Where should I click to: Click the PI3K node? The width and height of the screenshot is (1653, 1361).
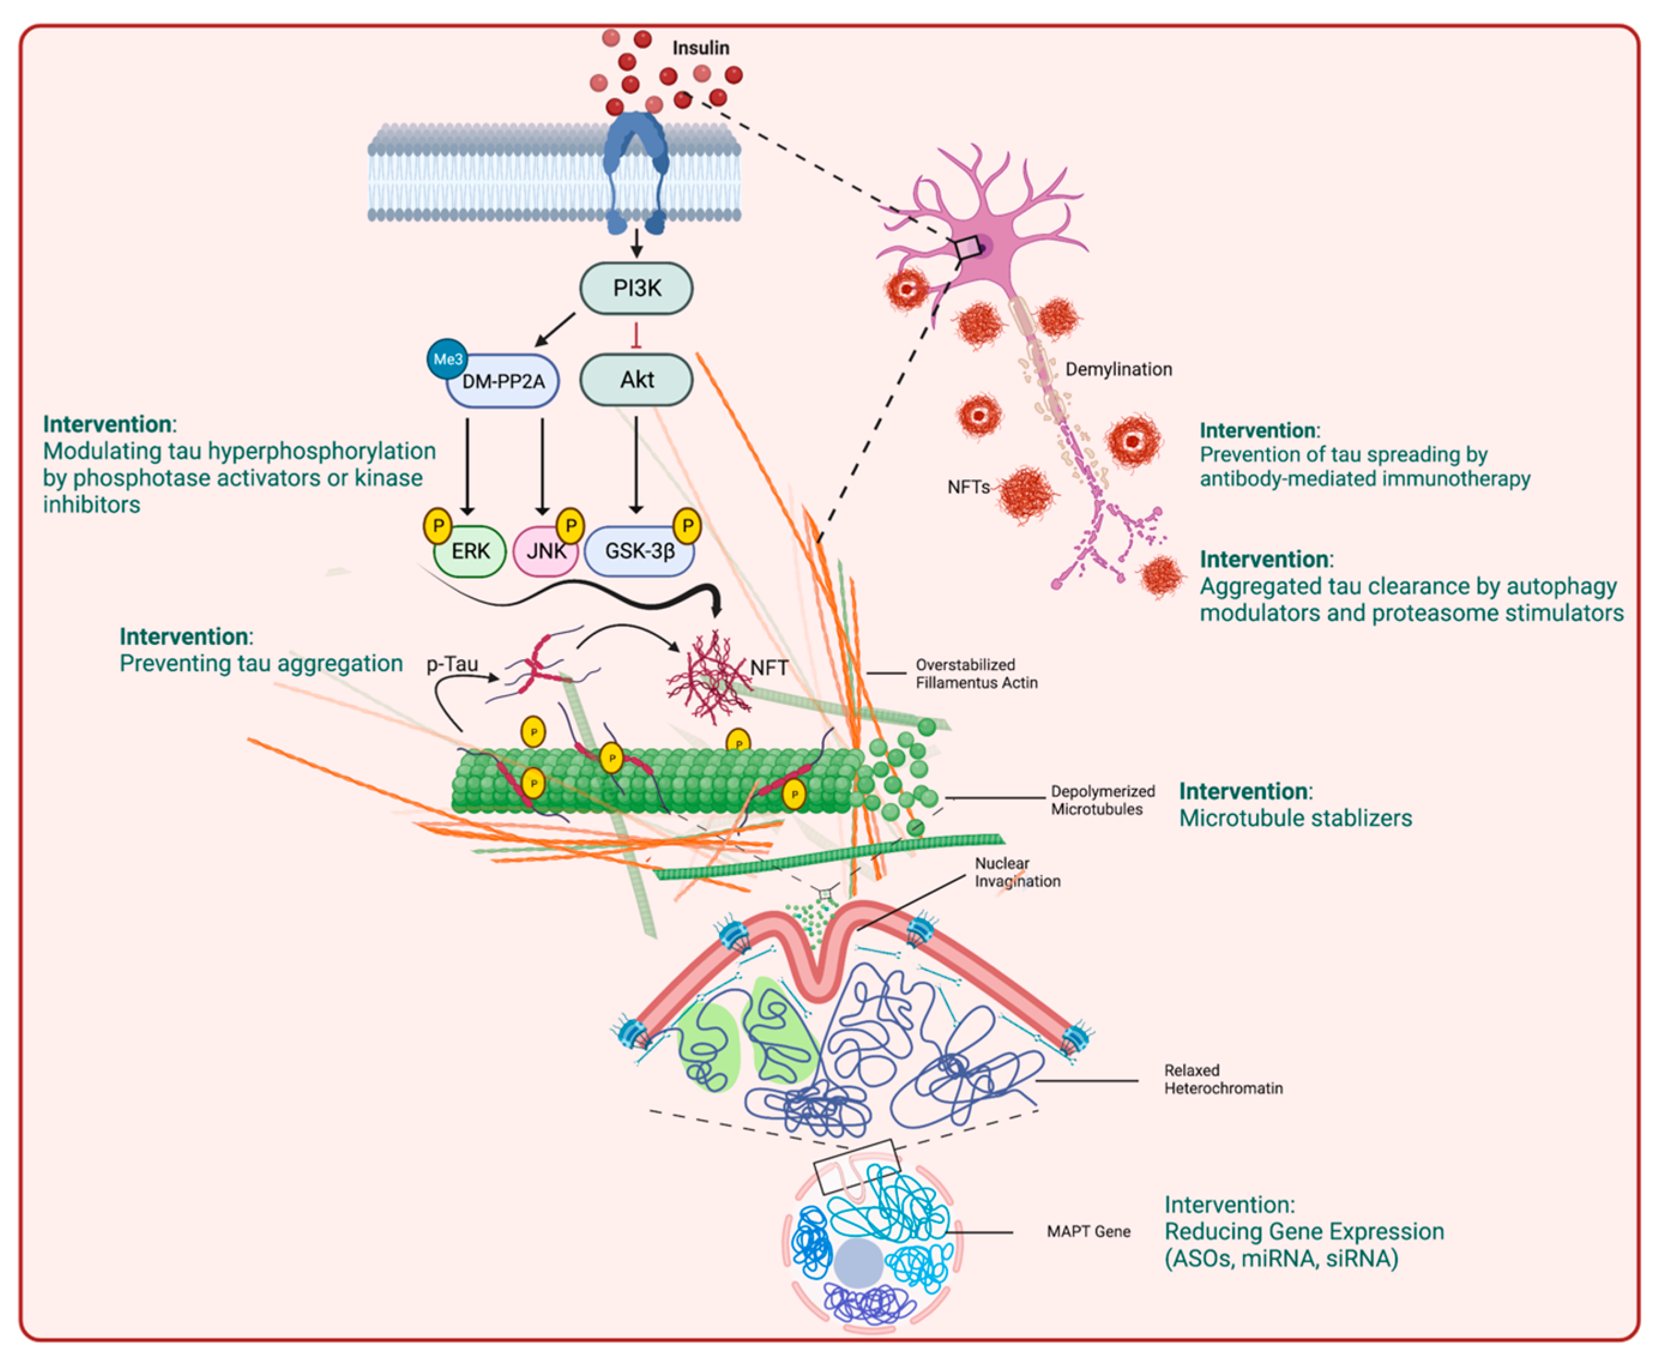[636, 288]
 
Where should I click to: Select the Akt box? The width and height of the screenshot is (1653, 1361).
[636, 380]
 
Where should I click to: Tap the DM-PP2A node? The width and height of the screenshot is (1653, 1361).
[503, 382]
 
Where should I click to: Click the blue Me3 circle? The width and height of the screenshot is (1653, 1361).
[447, 359]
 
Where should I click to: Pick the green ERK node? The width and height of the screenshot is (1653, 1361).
[470, 551]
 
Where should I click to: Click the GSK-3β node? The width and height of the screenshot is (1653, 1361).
[639, 551]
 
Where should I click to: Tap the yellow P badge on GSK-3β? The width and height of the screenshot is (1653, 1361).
[687, 526]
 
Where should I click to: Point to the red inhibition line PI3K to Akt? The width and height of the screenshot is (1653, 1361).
[636, 335]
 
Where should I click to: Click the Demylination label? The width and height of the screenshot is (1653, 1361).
[1118, 369]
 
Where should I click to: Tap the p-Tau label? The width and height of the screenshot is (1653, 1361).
[453, 664]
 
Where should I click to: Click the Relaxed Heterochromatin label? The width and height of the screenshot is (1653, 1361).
[1223, 1079]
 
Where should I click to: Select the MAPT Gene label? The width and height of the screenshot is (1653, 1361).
[1088, 1232]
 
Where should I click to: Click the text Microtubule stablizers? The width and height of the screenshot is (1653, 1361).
[1295, 819]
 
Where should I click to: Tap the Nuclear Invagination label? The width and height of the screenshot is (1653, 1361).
[1017, 872]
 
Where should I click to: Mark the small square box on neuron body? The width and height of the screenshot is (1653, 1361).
[968, 248]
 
